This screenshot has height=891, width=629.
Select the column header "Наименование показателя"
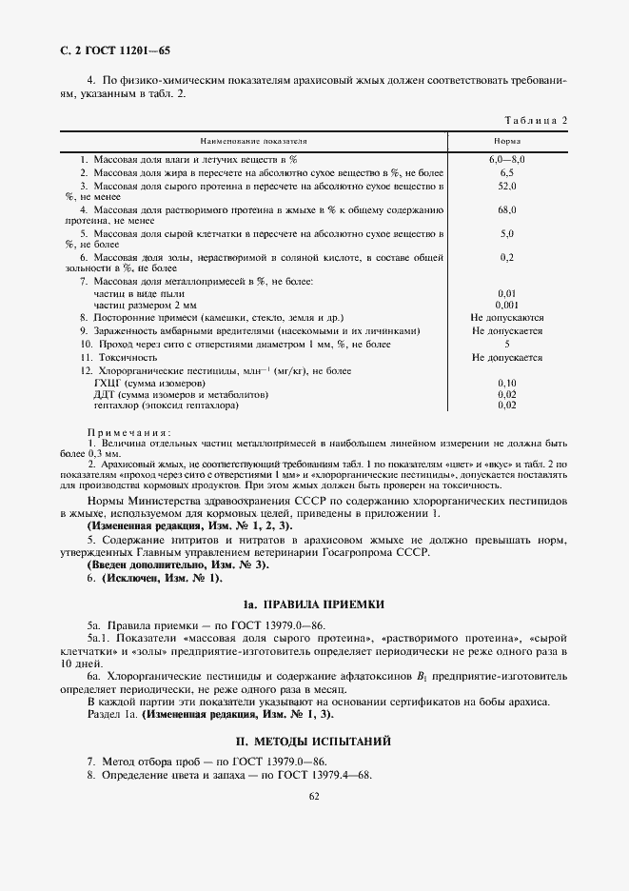[253, 141]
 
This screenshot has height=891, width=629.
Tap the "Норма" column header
[506, 141]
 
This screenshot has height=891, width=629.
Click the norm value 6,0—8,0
[506, 159]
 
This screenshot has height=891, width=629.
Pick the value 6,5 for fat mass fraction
[506, 172]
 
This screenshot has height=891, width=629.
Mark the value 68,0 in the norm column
[506, 209]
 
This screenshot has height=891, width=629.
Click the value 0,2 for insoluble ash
[506, 257]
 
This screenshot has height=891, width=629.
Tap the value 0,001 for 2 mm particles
[506, 304]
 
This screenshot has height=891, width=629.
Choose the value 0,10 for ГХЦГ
[506, 382]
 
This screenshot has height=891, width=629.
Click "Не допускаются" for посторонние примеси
[506, 317]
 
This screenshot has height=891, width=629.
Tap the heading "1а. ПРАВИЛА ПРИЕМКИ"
[314, 604]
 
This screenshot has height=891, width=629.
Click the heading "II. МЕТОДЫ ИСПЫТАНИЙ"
[314, 740]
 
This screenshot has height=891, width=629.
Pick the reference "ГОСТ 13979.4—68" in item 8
[324, 775]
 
